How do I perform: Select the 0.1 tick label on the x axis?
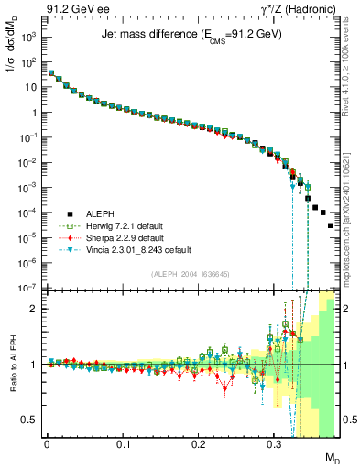click(122, 442)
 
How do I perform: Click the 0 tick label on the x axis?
click(47, 442)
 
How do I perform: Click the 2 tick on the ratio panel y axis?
click(34, 308)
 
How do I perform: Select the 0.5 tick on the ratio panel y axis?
click(30, 420)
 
